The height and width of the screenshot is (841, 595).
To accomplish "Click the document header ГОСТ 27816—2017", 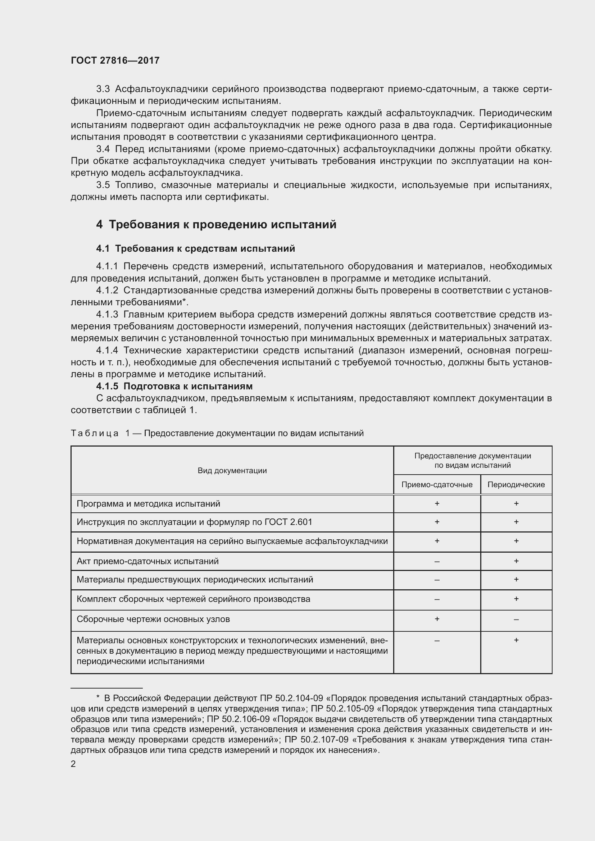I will [115, 60].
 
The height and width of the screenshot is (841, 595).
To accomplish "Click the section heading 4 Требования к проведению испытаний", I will [216, 224].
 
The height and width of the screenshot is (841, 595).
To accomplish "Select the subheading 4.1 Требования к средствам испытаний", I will [195, 249].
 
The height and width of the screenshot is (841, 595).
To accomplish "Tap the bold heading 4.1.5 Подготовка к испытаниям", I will [174, 386].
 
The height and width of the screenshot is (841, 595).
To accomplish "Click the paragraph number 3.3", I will [103, 89].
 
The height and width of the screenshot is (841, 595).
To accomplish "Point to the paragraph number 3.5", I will [103, 185].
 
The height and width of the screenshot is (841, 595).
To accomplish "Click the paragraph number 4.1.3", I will [107, 314].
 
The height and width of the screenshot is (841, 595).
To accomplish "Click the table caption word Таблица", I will [95, 433].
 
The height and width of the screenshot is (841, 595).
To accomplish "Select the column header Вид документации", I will [232, 471].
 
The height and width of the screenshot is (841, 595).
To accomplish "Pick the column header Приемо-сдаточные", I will [437, 485].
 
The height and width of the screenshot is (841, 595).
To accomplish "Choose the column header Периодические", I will [516, 485].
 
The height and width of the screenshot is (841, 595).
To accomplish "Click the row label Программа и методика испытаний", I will [148, 504].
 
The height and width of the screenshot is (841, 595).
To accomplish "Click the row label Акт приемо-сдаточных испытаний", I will [147, 561].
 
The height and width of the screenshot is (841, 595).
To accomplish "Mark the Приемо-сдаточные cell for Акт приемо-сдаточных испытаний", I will [437, 562].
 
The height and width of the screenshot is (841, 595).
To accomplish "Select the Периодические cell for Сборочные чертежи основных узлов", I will [516, 620].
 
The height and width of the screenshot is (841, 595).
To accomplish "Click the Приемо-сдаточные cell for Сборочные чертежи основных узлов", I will [437, 619].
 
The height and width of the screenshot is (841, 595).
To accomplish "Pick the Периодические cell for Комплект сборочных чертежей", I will [516, 599].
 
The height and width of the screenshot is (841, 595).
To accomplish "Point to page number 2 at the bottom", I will [73, 764].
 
